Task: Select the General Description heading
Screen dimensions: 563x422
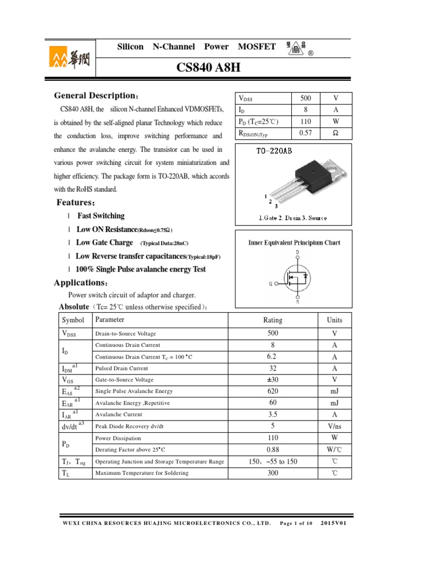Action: pyautogui.click(x=97, y=96)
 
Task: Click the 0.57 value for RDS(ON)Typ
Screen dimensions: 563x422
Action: pyautogui.click(x=306, y=133)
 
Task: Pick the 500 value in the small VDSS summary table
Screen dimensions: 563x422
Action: pyautogui.click(x=306, y=98)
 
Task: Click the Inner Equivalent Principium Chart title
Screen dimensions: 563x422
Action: pyautogui.click(x=294, y=242)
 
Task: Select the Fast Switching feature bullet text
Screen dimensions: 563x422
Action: pyautogui.click(x=101, y=216)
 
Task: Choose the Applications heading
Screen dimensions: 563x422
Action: pyautogui.click(x=81, y=283)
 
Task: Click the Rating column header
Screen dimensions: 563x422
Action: pyautogui.click(x=273, y=320)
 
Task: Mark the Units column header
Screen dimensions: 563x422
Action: pyautogui.click(x=334, y=320)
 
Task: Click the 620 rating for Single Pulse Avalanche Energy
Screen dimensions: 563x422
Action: pyautogui.click(x=273, y=391)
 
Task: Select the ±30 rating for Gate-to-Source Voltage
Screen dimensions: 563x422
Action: pyautogui.click(x=273, y=380)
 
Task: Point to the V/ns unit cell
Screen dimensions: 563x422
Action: pyautogui.click(x=334, y=426)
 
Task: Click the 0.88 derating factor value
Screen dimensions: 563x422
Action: pyautogui.click(x=273, y=449)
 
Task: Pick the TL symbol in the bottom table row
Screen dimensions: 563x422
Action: pyautogui.click(x=65, y=473)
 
